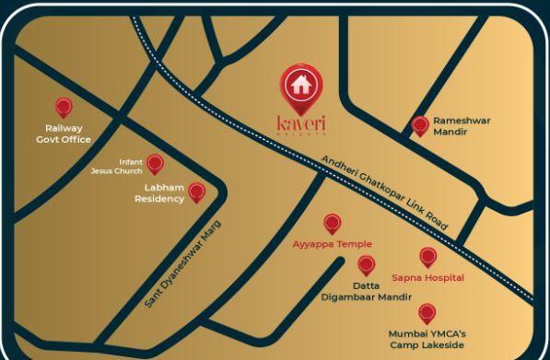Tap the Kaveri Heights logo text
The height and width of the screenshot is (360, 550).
pos(301,122)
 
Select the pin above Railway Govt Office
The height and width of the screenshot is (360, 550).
pos(64,108)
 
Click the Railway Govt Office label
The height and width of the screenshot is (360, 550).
pos(64,134)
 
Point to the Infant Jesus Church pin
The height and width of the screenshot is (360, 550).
pos(155,164)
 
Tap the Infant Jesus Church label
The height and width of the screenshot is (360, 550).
pos(116,166)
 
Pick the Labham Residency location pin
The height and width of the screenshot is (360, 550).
pos(196,192)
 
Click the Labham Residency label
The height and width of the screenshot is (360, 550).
pos(159,193)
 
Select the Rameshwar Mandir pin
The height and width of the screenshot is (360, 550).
pos(420,126)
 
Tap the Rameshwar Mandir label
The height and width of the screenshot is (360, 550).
pos(462,126)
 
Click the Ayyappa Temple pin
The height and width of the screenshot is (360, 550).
pos(333,224)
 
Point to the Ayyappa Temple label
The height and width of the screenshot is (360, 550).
pos(332,244)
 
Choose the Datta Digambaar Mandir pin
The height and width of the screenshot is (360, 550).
pos(367,265)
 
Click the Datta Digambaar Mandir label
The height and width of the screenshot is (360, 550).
pos(366,291)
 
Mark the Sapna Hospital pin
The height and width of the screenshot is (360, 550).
pos(427,257)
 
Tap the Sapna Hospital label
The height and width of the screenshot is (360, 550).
pos(427,277)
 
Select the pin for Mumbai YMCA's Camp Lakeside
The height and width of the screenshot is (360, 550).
pos(427,314)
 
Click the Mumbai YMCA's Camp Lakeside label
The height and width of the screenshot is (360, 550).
pos(427,339)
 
